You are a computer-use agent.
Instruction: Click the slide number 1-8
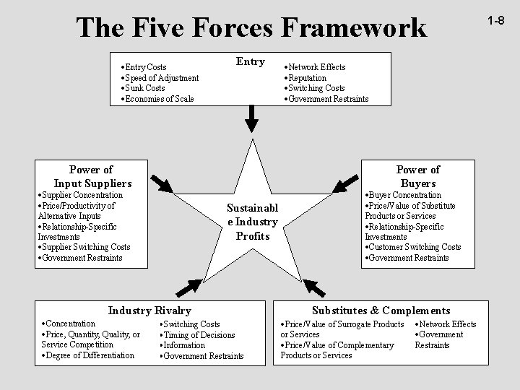[495, 22]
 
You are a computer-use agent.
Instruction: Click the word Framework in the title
[353, 27]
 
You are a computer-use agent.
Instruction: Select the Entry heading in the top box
[251, 61]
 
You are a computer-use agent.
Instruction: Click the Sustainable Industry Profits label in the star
[252, 222]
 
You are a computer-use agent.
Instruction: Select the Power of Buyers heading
[417, 176]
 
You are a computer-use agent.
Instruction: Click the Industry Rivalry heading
[149, 311]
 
